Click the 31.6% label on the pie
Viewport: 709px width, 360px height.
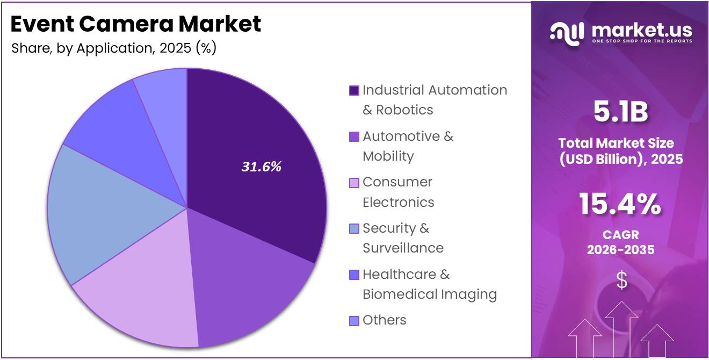(x=261, y=167)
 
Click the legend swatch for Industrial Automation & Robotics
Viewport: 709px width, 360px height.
(x=354, y=90)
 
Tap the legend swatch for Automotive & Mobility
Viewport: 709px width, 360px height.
(x=354, y=137)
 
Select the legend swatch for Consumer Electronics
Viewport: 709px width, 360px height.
(x=354, y=183)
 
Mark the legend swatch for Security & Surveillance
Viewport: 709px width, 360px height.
(x=354, y=229)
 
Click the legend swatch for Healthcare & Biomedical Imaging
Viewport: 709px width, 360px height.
(x=354, y=275)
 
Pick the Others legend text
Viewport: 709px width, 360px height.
(x=384, y=320)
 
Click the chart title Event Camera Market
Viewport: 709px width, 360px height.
(x=136, y=24)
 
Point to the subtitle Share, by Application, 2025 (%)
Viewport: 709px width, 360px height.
(x=114, y=48)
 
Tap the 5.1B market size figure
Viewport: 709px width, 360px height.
(x=620, y=112)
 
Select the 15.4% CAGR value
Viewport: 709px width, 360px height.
(x=620, y=205)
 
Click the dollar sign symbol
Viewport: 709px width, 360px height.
(x=621, y=280)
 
